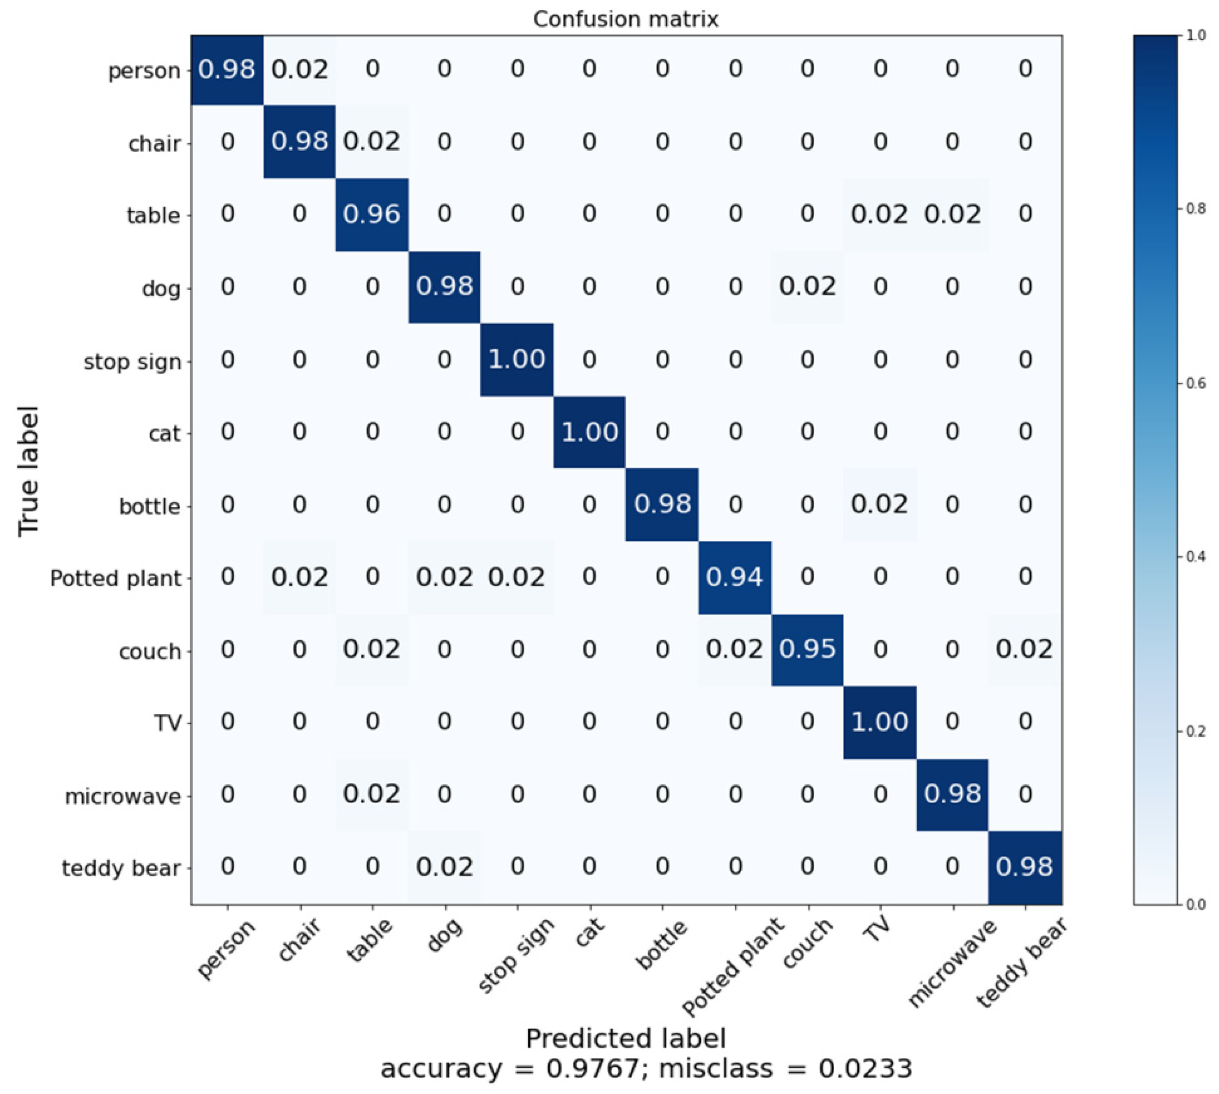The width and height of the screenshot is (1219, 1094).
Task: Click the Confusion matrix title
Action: [x=625, y=19]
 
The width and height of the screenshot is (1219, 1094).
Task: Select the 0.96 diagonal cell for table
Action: [x=372, y=214]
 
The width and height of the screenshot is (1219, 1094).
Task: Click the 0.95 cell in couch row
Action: [x=807, y=649]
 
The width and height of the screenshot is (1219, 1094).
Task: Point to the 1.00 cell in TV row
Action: [x=879, y=721]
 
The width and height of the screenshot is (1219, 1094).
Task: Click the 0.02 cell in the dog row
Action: [x=807, y=287]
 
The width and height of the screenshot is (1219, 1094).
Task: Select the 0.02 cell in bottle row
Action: [x=879, y=504]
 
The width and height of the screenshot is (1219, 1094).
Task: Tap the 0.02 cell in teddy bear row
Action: [x=444, y=867]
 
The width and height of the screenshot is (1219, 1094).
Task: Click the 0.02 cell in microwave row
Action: [x=372, y=794]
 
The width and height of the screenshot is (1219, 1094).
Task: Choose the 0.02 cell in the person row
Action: [x=299, y=70]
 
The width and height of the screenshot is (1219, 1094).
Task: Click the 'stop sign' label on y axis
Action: [x=132, y=362]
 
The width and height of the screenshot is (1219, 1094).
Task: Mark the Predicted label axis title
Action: [x=625, y=1038]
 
